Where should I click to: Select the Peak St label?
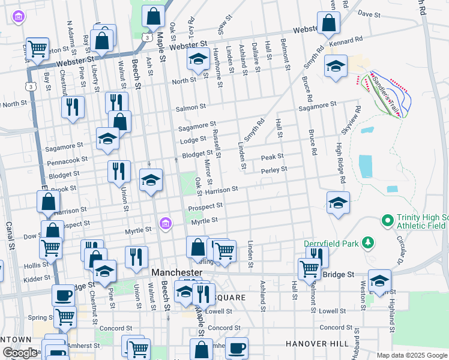(x=272, y=157)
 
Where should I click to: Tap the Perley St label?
(x=274, y=170)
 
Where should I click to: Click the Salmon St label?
(x=191, y=107)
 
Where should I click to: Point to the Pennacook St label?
(x=68, y=161)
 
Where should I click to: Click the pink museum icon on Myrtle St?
(x=166, y=224)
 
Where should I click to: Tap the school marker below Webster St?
(x=197, y=59)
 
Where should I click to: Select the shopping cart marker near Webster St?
(x=37, y=49)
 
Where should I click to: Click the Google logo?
(x=20, y=353)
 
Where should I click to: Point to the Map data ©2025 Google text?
(x=412, y=355)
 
